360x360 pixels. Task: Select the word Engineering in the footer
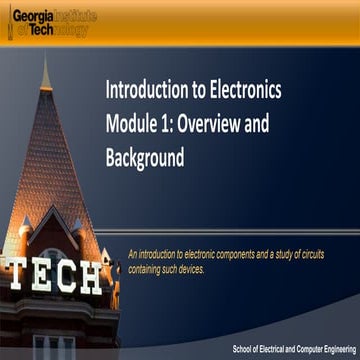[x=334, y=349]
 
